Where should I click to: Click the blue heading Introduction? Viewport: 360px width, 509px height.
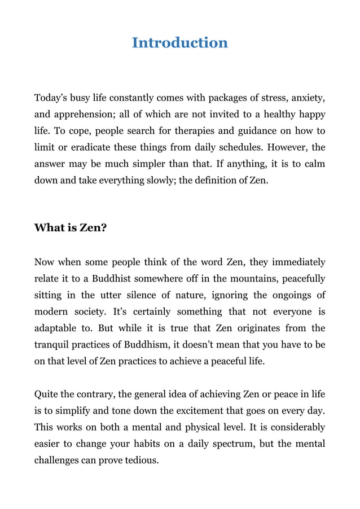tap(179, 43)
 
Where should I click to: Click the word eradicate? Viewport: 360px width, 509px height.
tap(91, 147)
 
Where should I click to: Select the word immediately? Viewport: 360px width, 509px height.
tap(298, 262)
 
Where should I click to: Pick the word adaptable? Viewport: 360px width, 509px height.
tap(58, 328)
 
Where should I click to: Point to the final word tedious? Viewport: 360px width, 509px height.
tap(141, 459)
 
